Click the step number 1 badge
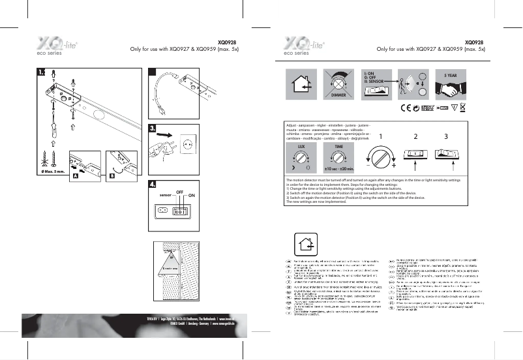tap(42, 72)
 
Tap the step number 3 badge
tap(154, 128)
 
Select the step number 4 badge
tap(154, 185)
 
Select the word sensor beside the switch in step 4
tap(165, 194)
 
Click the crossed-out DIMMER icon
tap(339, 83)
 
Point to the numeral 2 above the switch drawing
tap(415, 138)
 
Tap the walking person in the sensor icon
tap(406, 81)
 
